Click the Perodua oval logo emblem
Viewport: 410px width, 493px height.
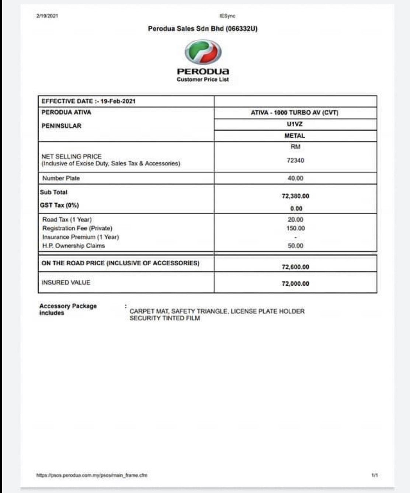pyautogui.click(x=203, y=52)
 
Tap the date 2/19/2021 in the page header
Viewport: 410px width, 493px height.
pyautogui.click(x=47, y=16)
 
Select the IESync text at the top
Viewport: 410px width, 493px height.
pyautogui.click(x=227, y=16)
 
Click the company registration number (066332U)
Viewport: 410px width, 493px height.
pyautogui.click(x=241, y=29)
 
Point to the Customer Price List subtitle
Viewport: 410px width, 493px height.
pyautogui.click(x=203, y=80)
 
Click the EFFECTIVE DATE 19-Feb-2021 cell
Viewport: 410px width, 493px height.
pyautogui.click(x=88, y=101)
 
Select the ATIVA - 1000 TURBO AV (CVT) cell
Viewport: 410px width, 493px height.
pyautogui.click(x=295, y=113)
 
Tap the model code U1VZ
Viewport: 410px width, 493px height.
pyautogui.click(x=295, y=124)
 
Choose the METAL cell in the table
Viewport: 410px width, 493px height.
pyautogui.click(x=295, y=135)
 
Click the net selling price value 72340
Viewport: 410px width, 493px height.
pyautogui.click(x=295, y=161)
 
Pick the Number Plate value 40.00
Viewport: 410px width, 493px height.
pyautogui.click(x=295, y=178)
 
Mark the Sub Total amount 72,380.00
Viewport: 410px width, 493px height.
pyautogui.click(x=295, y=196)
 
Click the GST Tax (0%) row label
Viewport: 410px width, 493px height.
pyautogui.click(x=59, y=205)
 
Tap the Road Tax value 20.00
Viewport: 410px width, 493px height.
pyautogui.click(x=295, y=219)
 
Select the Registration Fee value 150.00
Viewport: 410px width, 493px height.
pyautogui.click(x=295, y=228)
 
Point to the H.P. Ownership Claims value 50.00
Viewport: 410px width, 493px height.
pyautogui.click(x=295, y=246)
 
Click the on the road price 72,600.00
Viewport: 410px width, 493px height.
pyautogui.click(x=295, y=267)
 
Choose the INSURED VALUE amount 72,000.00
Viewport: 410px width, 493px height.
pyautogui.click(x=295, y=284)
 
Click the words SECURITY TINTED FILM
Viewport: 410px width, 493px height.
pyautogui.click(x=165, y=318)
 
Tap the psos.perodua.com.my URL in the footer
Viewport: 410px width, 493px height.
pyautogui.click(x=92, y=475)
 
